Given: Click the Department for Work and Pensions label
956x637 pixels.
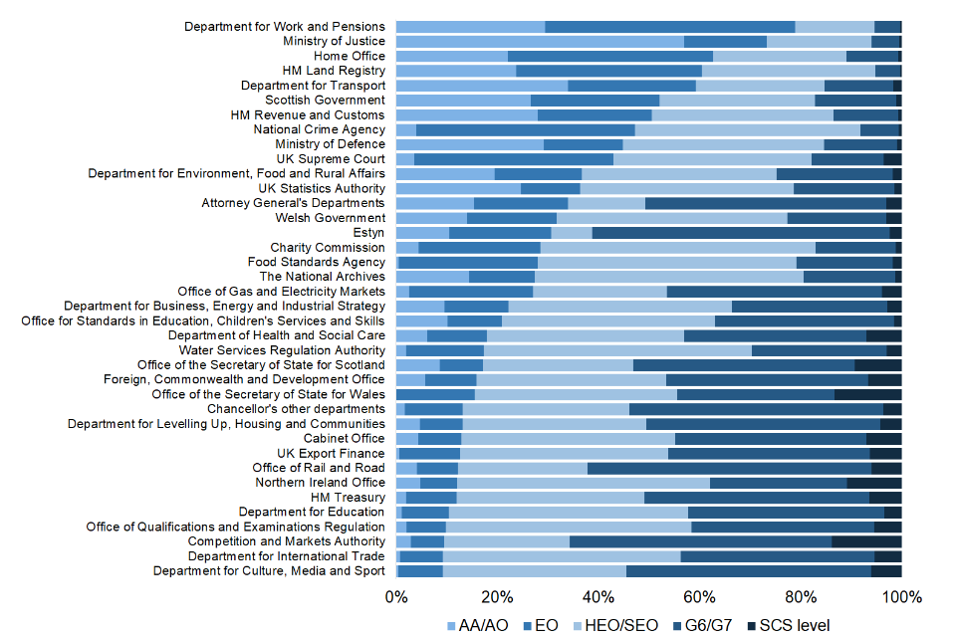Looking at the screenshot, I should pyautogui.click(x=284, y=26).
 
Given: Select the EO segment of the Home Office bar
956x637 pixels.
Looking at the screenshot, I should pyautogui.click(x=610, y=56).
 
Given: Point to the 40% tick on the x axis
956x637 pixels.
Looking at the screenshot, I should pyautogui.click(x=598, y=597).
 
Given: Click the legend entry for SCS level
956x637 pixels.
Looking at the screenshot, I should pyautogui.click(x=794, y=625).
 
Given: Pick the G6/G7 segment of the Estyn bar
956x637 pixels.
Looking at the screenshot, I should pyautogui.click(x=741, y=232).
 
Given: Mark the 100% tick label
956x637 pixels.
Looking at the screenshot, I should pyautogui.click(x=901, y=597).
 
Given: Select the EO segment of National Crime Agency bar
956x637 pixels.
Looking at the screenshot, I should pyautogui.click(x=525, y=129).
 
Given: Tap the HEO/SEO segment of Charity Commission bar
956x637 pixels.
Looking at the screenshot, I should pyautogui.click(x=677, y=247).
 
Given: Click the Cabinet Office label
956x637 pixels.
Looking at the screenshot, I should pyautogui.click(x=344, y=438).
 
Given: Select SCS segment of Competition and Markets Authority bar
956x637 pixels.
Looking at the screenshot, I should pyautogui.click(x=866, y=541).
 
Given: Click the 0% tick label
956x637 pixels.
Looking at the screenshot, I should pyautogui.click(x=396, y=597).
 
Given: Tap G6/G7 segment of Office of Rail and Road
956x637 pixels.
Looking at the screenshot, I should pyautogui.click(x=729, y=468).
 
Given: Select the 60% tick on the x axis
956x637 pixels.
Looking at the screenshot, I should pyautogui.click(x=700, y=597).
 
